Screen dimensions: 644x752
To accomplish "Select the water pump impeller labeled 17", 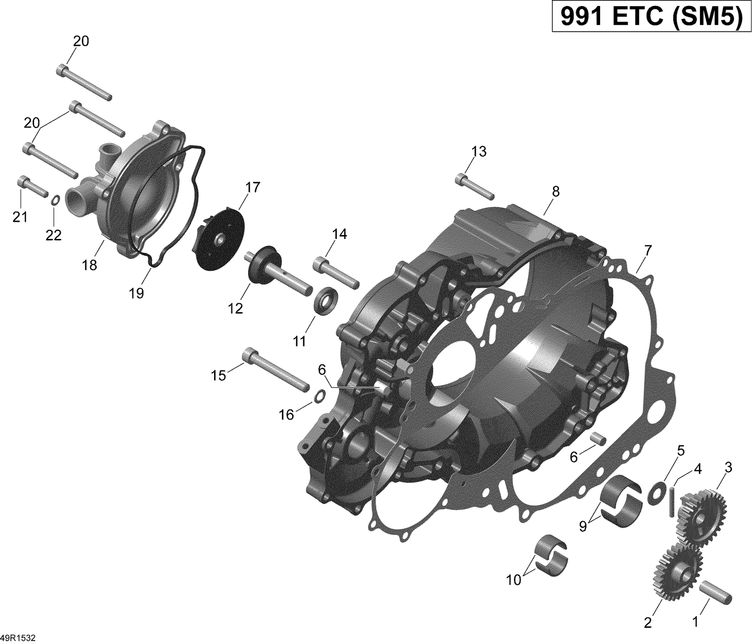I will [x=218, y=235].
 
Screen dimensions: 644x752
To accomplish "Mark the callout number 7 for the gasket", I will [x=648, y=249].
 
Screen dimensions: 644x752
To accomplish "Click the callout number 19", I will [x=136, y=293].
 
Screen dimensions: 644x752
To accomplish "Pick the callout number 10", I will [x=513, y=580].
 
